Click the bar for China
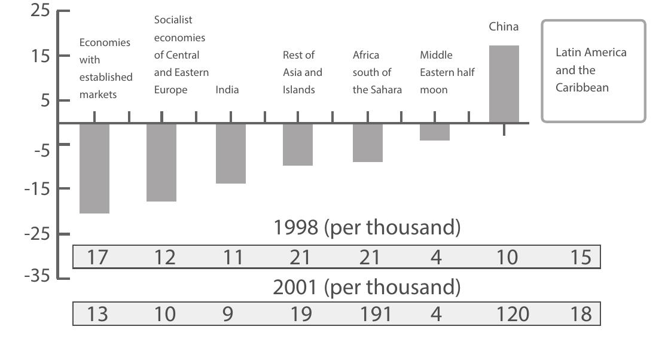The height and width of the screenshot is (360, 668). pyautogui.click(x=504, y=84)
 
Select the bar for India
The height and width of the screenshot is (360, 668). pyautogui.click(x=231, y=153)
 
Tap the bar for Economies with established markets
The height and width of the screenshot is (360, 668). pyautogui.click(x=94, y=168)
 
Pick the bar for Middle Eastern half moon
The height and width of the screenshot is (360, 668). pyautogui.click(x=435, y=132)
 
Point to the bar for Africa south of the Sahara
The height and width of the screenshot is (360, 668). pyautogui.click(x=368, y=142)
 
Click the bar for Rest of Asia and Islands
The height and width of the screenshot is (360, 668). pyautogui.click(x=298, y=144)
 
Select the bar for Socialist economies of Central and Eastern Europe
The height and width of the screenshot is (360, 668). pyautogui.click(x=161, y=162)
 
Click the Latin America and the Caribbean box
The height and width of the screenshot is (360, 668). pyautogui.click(x=593, y=71)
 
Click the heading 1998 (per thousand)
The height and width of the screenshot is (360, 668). pyautogui.click(x=367, y=228)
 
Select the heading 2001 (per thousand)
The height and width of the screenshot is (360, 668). pyautogui.click(x=367, y=288)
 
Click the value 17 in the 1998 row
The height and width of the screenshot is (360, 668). pyautogui.click(x=97, y=257)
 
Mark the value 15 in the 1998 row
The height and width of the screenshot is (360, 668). pyautogui.click(x=581, y=257)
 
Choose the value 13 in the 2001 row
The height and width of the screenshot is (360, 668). pyautogui.click(x=97, y=314)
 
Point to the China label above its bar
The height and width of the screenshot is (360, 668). pyautogui.click(x=504, y=27)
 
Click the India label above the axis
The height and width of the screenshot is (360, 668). pyautogui.click(x=227, y=90)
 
